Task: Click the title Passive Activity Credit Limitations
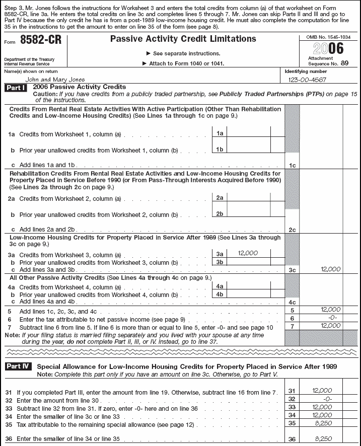click(x=183, y=39)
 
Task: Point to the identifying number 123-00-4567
click(x=307, y=80)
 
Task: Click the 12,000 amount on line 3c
click(x=330, y=269)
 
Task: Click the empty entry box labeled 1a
click(x=249, y=133)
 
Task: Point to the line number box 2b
click(x=220, y=214)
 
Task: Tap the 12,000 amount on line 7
click(x=330, y=326)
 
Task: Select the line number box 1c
click(x=292, y=165)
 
